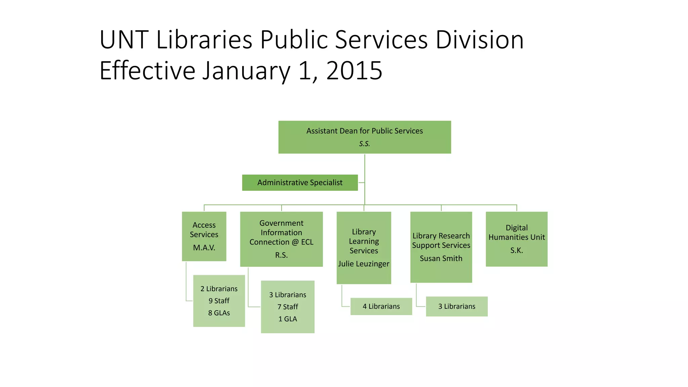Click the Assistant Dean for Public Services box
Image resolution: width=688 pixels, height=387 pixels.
(364, 137)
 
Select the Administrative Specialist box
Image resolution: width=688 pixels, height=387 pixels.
(300, 182)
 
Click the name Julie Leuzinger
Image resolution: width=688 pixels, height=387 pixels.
(363, 264)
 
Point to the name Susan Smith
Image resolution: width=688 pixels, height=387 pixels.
(441, 258)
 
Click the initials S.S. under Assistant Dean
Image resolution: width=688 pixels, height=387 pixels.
(364, 144)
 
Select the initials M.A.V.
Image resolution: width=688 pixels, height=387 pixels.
(204, 248)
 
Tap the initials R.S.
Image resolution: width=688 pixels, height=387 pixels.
(281, 255)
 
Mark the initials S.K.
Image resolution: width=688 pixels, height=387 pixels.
(516, 250)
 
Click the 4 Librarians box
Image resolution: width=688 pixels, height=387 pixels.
(381, 306)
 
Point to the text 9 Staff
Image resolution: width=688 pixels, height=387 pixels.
(219, 301)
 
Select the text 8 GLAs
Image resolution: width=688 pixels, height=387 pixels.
(219, 313)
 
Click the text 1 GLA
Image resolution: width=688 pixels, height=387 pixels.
(288, 319)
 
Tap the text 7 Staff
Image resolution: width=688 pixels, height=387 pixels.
(288, 307)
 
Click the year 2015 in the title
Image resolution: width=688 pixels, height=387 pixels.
(354, 71)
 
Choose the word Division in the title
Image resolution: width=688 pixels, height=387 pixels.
(479, 40)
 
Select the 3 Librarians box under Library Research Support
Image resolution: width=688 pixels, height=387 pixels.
(457, 306)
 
